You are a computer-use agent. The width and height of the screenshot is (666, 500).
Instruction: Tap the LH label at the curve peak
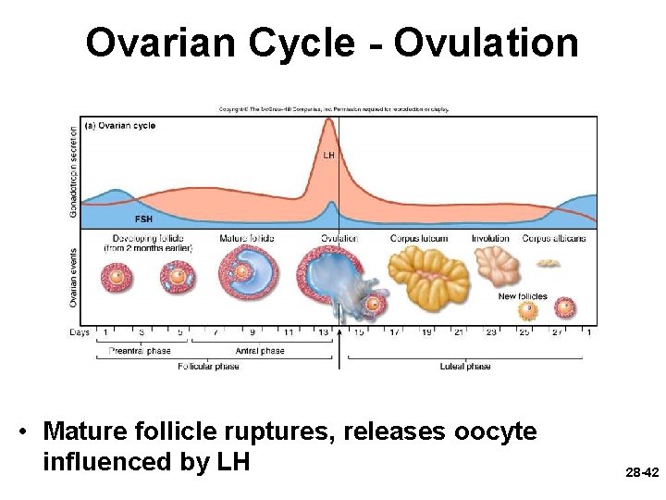328,155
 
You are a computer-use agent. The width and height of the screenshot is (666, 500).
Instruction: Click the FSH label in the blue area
144,219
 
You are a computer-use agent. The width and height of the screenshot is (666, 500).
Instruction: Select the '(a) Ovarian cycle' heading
120,125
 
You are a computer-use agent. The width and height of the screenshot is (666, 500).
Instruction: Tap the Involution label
490,238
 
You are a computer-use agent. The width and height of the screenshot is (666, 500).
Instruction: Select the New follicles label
523,296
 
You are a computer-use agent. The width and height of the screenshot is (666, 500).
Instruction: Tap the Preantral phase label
134,351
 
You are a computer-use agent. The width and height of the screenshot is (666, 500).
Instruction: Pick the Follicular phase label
208,366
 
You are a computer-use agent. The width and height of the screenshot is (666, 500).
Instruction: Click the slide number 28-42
640,472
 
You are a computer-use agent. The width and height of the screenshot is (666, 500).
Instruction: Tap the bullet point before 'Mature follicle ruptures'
29,431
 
